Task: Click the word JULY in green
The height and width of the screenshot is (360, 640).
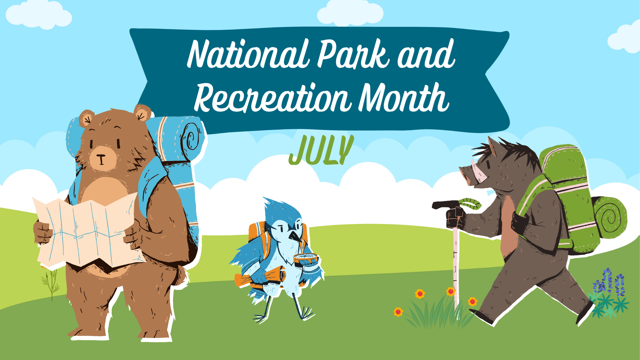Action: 321,150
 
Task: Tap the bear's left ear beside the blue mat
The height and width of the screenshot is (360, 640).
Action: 142,113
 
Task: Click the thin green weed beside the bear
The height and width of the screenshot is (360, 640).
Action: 51,283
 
